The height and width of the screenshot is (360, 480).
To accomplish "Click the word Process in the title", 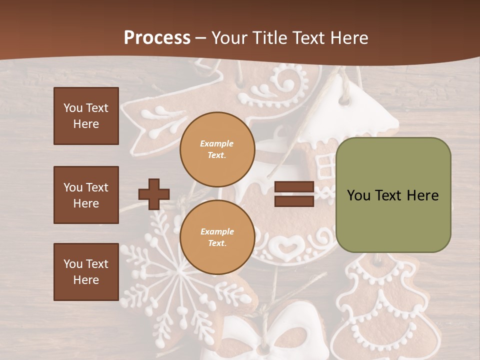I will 157,38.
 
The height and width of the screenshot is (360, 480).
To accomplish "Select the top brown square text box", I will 86,116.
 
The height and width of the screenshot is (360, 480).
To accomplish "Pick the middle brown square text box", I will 86,195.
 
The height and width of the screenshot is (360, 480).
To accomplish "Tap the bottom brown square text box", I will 86,271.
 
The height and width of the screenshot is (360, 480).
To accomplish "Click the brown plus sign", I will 154,194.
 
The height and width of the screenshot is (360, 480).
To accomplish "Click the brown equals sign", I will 294,194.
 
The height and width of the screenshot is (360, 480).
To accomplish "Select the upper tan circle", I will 217,149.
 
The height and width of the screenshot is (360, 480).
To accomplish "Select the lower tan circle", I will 217,237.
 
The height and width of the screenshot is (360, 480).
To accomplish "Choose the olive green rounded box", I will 393,195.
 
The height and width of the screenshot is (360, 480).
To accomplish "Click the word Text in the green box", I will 393,195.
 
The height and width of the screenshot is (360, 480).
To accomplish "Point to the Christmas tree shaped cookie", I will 380,305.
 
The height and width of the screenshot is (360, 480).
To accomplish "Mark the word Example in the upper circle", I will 217,143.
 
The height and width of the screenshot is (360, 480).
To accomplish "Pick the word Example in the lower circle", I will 217,231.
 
